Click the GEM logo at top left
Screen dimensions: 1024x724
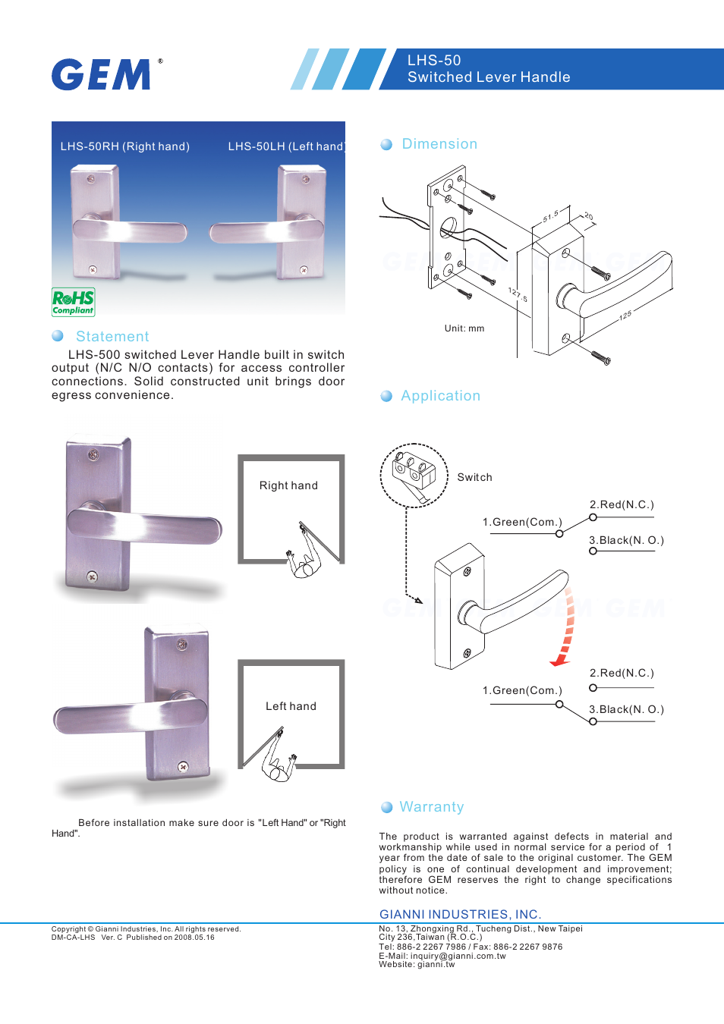click(x=102, y=74)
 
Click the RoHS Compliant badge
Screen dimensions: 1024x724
click(x=73, y=302)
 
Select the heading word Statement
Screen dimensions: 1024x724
click(x=112, y=337)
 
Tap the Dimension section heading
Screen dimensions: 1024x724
click(x=439, y=144)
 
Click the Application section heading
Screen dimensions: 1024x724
click(x=440, y=396)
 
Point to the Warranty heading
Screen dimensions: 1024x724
click(x=431, y=807)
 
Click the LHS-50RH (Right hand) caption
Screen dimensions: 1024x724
click(x=125, y=146)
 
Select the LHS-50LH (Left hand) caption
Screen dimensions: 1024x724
click(x=286, y=146)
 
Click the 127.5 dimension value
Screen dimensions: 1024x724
click(x=518, y=294)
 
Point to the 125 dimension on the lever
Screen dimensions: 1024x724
click(x=625, y=315)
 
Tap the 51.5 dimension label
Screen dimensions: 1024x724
click(x=550, y=216)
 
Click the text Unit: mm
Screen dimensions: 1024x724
click(x=464, y=328)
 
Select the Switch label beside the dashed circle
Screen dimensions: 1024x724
click(x=474, y=477)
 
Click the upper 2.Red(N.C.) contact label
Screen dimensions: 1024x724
click(x=622, y=504)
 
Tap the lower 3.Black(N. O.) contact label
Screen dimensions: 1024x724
click(x=626, y=709)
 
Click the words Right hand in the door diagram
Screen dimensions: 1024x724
click(x=288, y=485)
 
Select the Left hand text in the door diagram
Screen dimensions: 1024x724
click(x=291, y=706)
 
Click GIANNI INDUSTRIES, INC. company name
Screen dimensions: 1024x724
click(x=460, y=915)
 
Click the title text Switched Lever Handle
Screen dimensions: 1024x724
click(x=489, y=77)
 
